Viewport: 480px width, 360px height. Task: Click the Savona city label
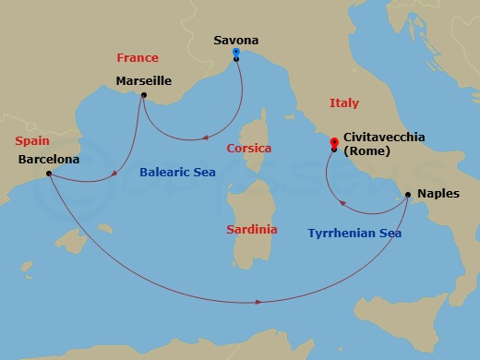235,41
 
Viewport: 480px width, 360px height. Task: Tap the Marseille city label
143,80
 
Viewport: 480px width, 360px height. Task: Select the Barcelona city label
48,159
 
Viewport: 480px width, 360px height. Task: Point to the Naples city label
436,194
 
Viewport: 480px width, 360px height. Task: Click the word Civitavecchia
384,137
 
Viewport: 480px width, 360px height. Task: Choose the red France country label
138,57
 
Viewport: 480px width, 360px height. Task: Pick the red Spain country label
31,141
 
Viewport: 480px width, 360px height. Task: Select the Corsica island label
248,148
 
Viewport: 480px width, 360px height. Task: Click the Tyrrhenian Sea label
354,234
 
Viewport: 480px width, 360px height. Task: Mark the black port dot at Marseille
144,95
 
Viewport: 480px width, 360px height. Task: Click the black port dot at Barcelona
48,174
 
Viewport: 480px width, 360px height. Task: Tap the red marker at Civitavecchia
334,142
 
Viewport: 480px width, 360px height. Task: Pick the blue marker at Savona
237,54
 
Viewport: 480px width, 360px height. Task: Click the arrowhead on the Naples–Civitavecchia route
343,204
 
